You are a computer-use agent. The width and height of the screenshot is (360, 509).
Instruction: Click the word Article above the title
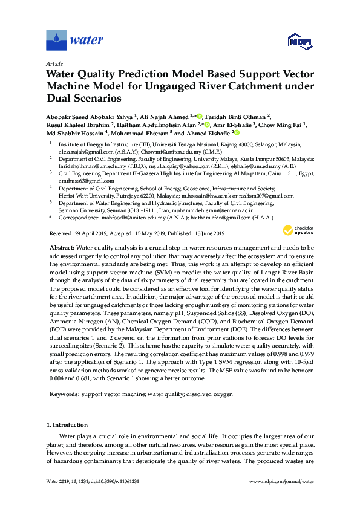click(x=54, y=63)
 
